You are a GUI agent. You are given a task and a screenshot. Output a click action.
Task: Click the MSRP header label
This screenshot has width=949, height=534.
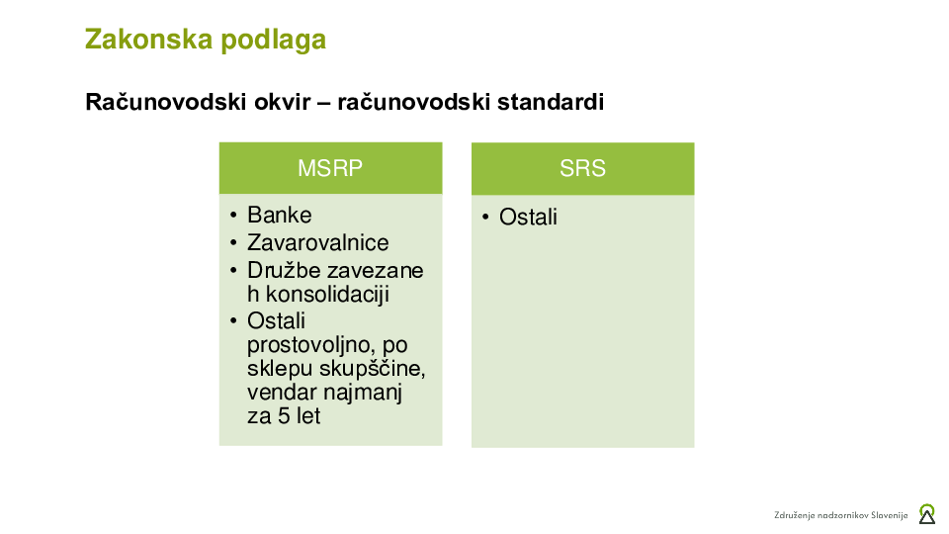pyautogui.click(x=330, y=168)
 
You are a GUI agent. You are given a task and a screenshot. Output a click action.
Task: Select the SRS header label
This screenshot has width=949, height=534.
pyautogui.click(x=582, y=168)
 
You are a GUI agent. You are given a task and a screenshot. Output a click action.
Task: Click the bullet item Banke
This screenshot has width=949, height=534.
pyautogui.click(x=279, y=216)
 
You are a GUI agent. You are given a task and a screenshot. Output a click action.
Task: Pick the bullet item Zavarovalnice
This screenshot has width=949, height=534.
pyautogui.click(x=317, y=243)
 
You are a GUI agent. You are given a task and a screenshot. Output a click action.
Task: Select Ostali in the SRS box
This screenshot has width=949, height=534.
pyautogui.click(x=528, y=218)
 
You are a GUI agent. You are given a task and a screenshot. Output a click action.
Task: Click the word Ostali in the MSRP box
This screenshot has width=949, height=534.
pyautogui.click(x=276, y=321)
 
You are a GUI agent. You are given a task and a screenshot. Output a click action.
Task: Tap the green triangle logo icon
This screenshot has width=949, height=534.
pyautogui.click(x=926, y=514)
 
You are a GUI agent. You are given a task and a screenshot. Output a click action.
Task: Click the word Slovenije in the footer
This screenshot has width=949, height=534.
pyautogui.click(x=885, y=515)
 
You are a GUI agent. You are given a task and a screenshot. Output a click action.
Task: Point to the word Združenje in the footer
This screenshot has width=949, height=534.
pyautogui.click(x=795, y=515)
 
